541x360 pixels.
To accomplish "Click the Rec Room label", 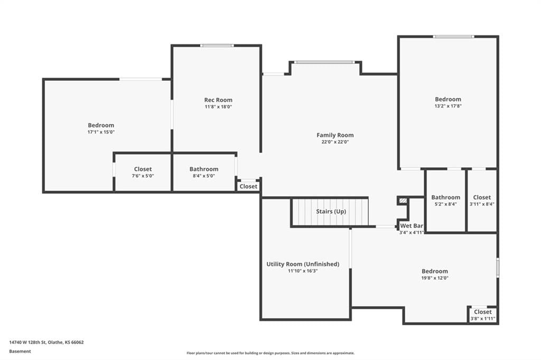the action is pyautogui.click(x=218, y=100).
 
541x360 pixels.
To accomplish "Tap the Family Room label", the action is pyautogui.click(x=335, y=135).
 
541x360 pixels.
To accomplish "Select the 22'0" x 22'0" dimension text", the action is pyautogui.click(x=335, y=141).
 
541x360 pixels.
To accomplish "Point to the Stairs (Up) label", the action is pyautogui.click(x=331, y=211).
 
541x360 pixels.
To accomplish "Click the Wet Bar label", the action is pyautogui.click(x=412, y=226).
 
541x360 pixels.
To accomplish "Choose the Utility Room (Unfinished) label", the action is pyautogui.click(x=303, y=264).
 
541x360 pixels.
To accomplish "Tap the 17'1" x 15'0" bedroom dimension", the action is pyautogui.click(x=101, y=132).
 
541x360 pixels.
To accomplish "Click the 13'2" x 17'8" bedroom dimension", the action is pyautogui.click(x=448, y=106).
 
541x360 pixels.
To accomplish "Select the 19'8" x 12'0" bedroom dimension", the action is pyautogui.click(x=435, y=278).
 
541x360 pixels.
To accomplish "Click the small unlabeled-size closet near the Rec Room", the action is pyautogui.click(x=248, y=186).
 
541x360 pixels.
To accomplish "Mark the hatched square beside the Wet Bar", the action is pyautogui.click(x=403, y=201).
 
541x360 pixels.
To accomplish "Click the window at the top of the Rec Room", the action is pyautogui.click(x=217, y=45).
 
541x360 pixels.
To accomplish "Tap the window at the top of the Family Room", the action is pyautogui.click(x=325, y=62).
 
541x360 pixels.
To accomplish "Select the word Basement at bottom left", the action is pyautogui.click(x=20, y=352).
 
